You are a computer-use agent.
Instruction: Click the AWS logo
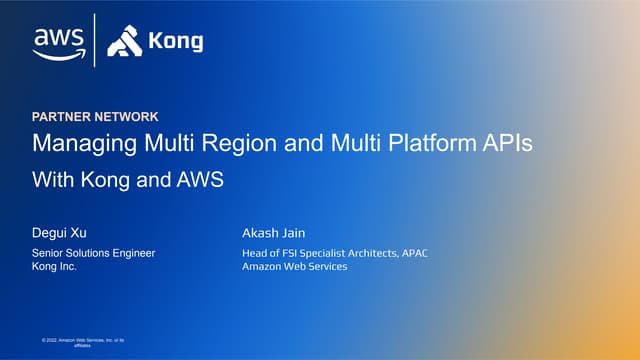click(x=57, y=41)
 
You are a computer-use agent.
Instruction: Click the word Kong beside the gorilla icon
click(x=175, y=42)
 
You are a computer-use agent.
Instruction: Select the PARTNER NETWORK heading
click(x=95, y=117)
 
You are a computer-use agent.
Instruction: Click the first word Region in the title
click(x=231, y=143)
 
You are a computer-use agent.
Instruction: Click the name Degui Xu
click(x=61, y=233)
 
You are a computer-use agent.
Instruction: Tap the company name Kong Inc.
click(x=55, y=267)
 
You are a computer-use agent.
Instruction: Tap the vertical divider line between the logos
click(x=95, y=40)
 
